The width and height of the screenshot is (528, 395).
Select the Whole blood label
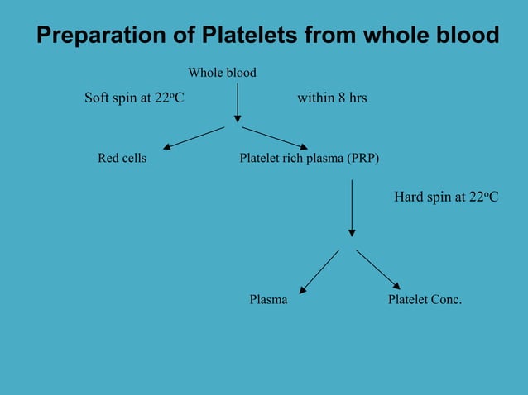(x=222, y=73)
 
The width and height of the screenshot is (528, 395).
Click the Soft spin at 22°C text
(x=134, y=98)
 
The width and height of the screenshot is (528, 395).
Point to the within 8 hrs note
(x=332, y=98)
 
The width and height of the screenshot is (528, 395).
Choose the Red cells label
(x=122, y=158)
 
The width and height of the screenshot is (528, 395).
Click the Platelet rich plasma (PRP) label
(x=309, y=158)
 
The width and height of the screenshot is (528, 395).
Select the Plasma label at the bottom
(x=268, y=299)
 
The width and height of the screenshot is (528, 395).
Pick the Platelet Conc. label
(x=425, y=299)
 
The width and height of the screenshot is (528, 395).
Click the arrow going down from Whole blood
(x=238, y=102)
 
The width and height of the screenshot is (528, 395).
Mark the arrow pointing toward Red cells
(x=194, y=138)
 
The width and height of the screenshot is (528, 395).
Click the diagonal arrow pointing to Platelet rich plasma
(x=275, y=138)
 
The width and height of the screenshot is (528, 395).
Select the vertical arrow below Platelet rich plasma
(x=352, y=208)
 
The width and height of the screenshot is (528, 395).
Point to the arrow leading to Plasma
(x=319, y=272)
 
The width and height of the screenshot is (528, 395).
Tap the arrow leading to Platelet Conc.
(x=378, y=269)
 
